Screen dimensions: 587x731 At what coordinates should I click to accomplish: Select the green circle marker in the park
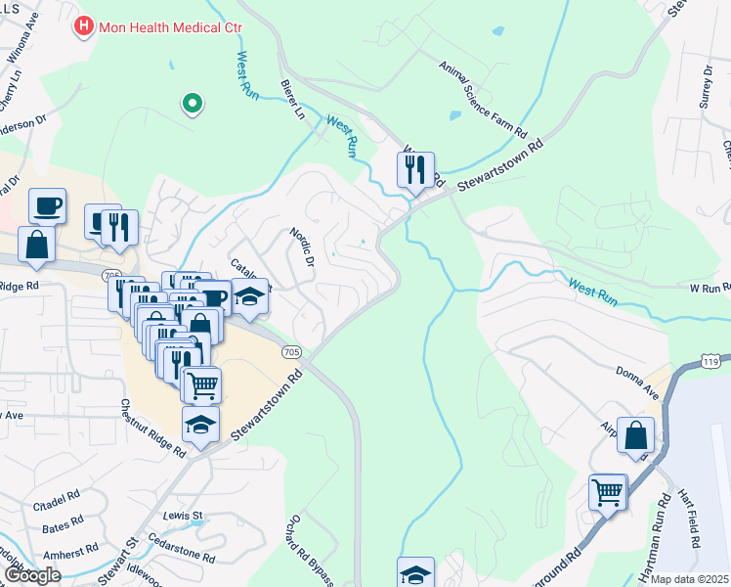click(x=193, y=103)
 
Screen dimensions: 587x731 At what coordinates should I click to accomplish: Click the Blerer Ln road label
click(x=292, y=100)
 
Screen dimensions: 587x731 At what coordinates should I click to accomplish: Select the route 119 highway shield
click(x=710, y=362)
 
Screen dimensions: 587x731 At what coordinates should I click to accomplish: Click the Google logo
click(x=32, y=575)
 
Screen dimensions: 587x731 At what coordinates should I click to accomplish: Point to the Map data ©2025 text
click(x=690, y=579)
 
